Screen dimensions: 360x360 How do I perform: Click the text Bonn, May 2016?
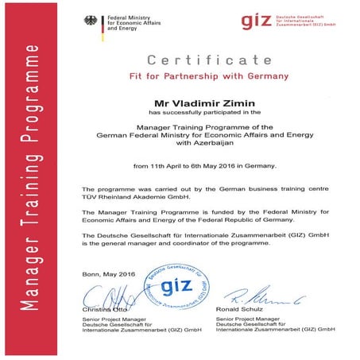pos(109,274)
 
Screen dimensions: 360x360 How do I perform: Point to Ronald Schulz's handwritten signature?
pos(254,300)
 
